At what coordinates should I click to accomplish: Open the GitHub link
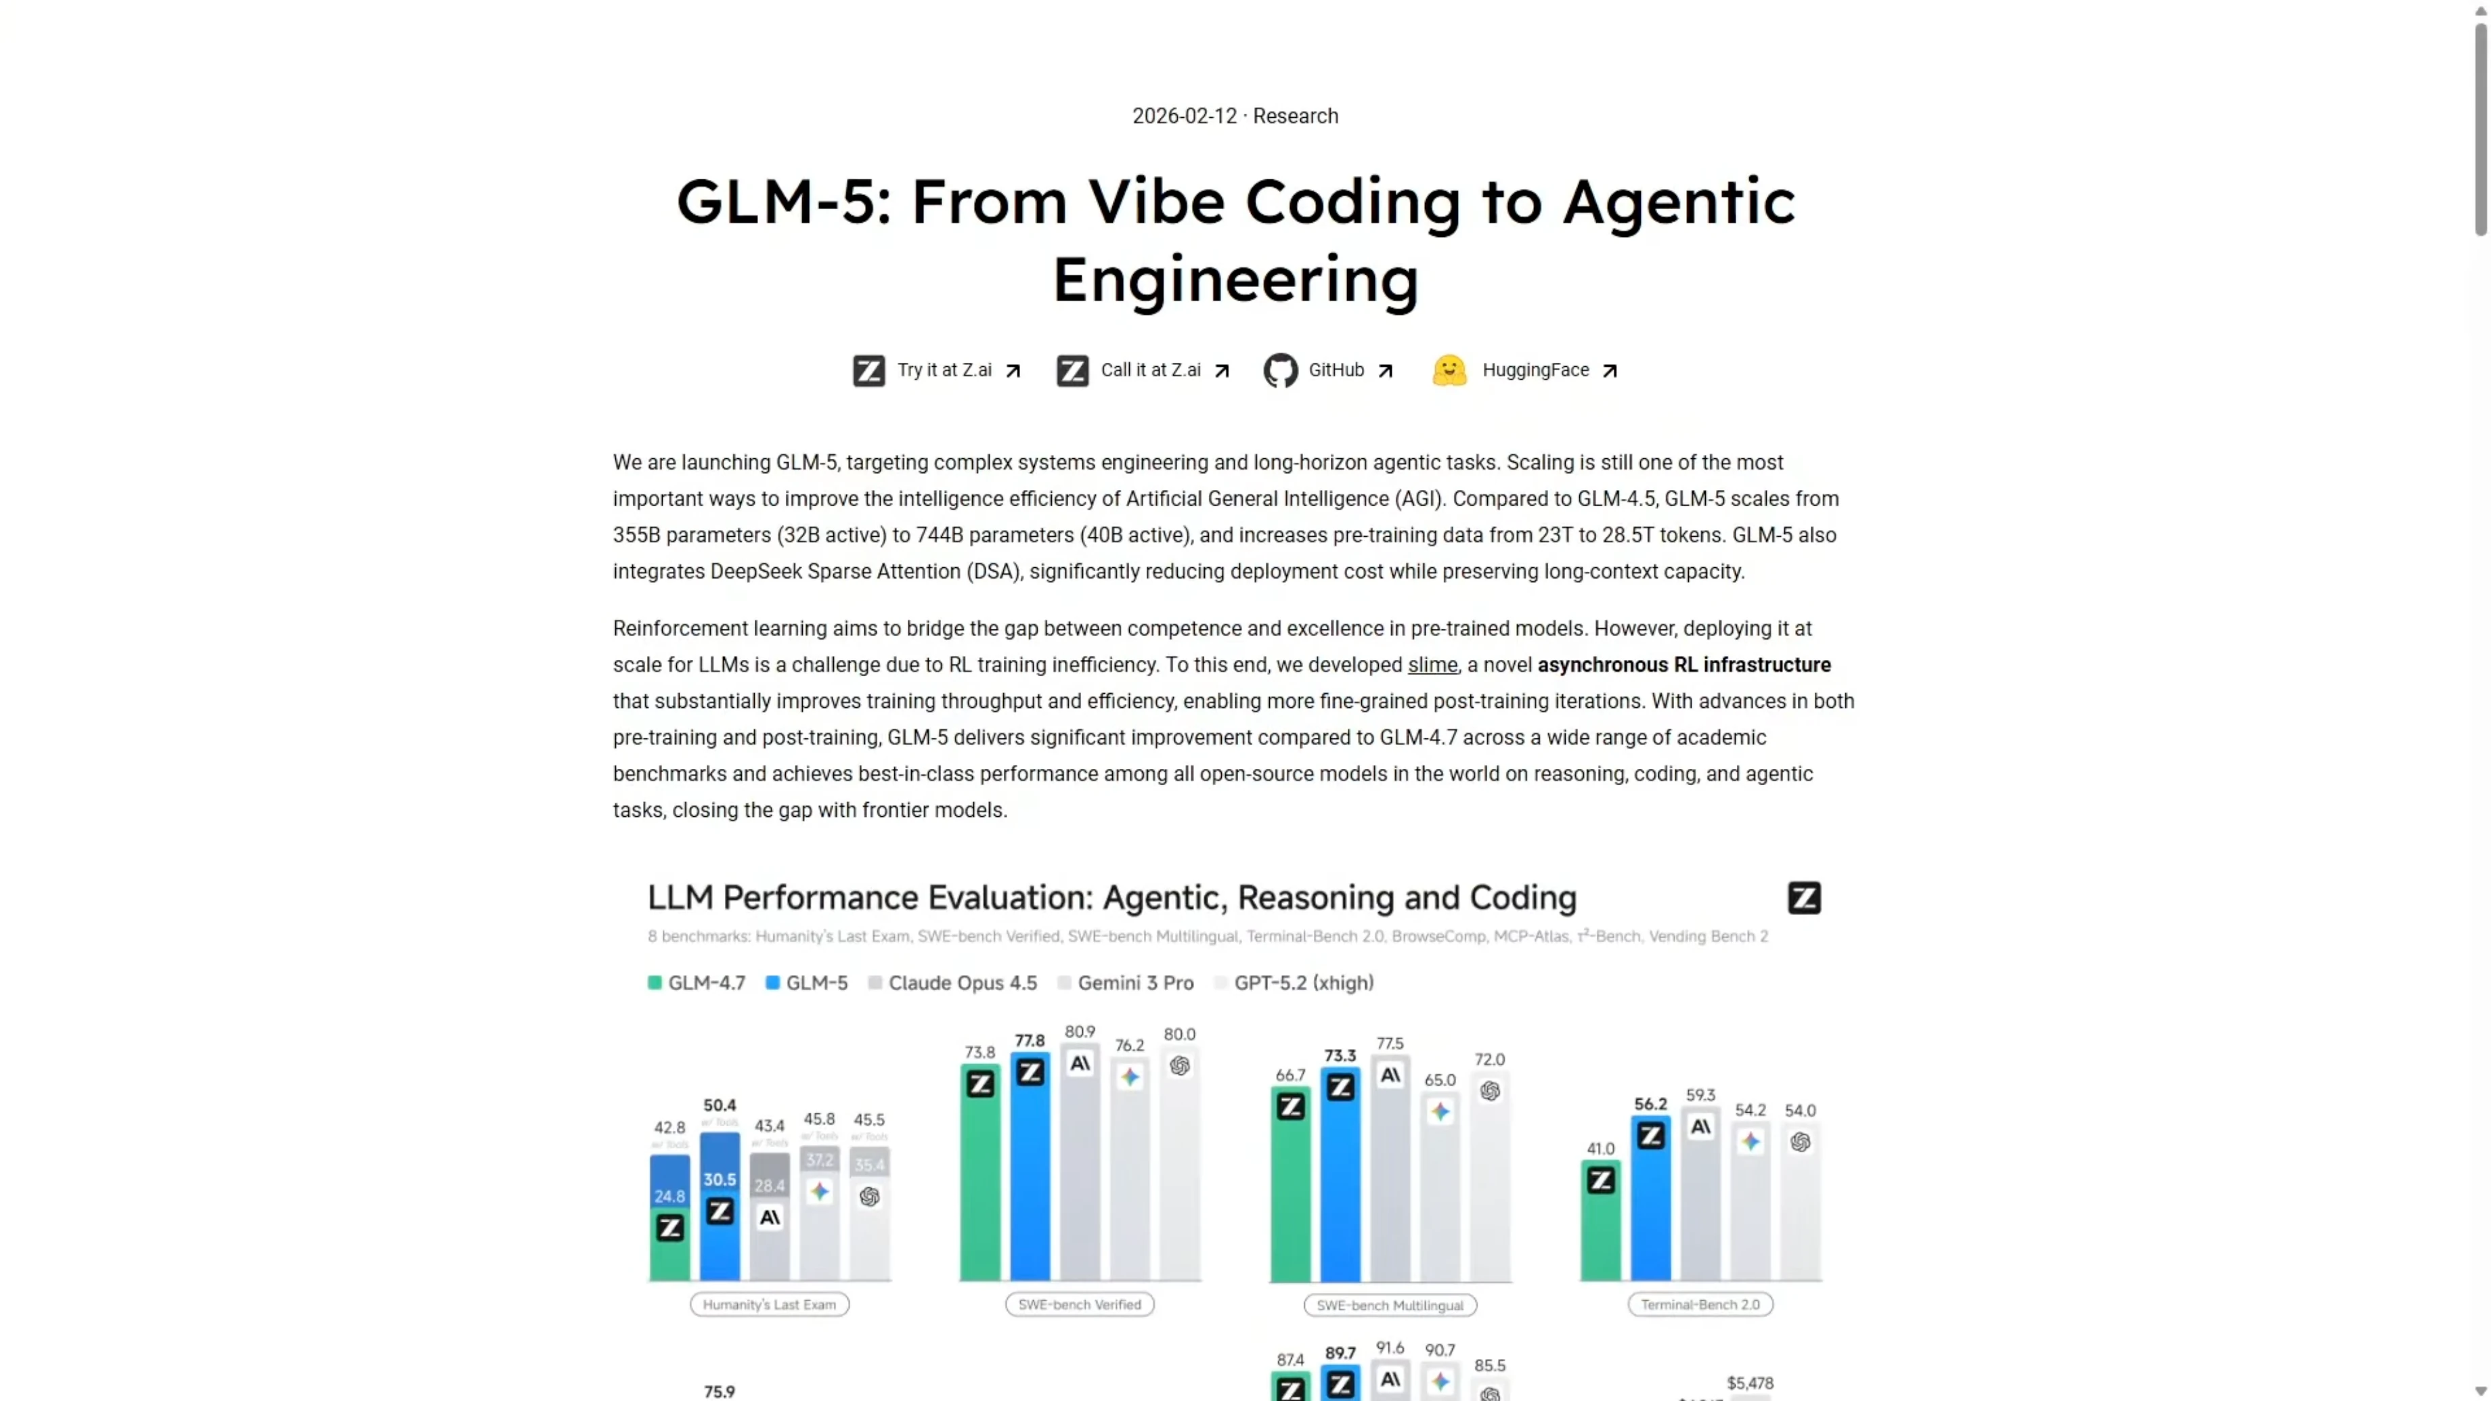click(x=1336, y=370)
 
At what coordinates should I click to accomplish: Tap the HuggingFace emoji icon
click(x=1449, y=370)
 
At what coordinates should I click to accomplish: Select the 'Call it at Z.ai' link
click(x=1150, y=370)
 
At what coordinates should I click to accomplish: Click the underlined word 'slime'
click(x=1431, y=665)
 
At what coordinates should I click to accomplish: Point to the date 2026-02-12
click(x=1184, y=116)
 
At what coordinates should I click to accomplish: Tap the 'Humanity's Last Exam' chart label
click(x=769, y=1306)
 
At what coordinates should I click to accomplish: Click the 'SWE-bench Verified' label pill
click(x=1079, y=1306)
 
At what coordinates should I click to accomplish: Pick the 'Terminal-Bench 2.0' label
click(x=1699, y=1306)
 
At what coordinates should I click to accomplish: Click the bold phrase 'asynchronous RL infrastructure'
click(x=1683, y=665)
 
